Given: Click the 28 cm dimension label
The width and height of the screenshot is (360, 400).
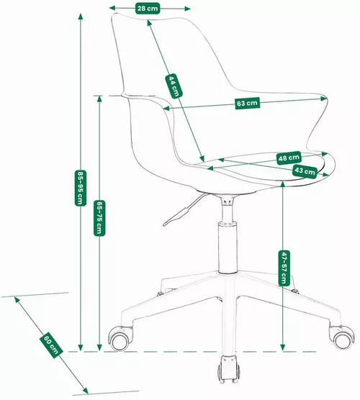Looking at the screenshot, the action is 148,9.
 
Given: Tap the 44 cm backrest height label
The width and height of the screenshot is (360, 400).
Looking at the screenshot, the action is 174,86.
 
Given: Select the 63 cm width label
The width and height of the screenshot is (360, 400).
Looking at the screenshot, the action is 247,103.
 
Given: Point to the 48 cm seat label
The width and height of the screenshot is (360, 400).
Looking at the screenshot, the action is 289,158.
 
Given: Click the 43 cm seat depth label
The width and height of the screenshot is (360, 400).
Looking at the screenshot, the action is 305,171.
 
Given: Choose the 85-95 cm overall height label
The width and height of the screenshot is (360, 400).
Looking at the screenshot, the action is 81,188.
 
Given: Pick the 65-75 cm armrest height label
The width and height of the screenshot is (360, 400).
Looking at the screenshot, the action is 99,218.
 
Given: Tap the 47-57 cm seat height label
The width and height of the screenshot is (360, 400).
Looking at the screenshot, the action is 284,268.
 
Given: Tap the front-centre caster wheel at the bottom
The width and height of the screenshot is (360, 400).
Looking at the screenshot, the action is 228,369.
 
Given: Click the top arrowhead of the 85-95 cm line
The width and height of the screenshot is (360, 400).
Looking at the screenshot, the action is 81,17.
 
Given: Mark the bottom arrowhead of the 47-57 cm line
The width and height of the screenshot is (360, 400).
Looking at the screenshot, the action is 283,347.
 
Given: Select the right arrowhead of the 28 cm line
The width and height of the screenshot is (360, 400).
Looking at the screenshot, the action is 187,9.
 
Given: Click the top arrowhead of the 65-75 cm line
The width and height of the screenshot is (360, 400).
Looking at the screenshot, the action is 99,99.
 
